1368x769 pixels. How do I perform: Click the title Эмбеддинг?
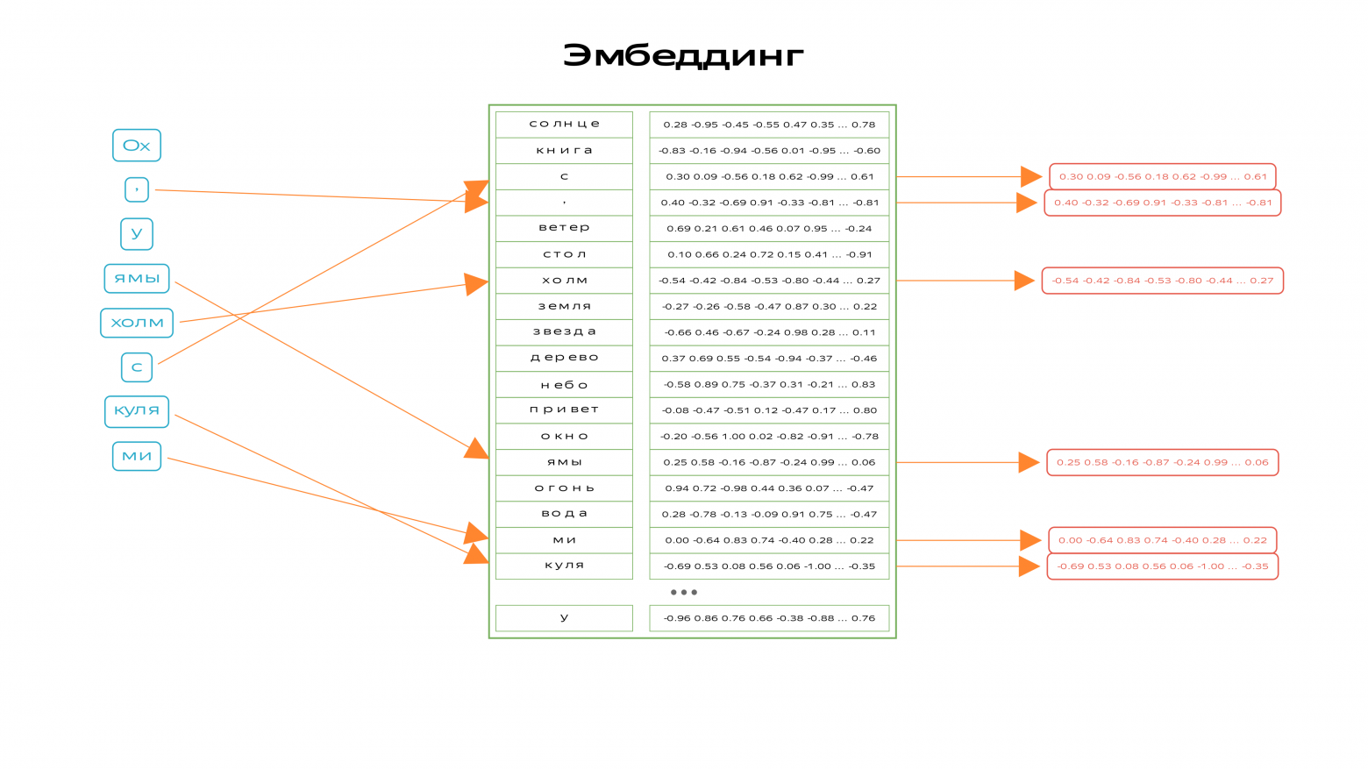tap(683, 56)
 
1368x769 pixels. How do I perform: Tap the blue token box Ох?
tap(137, 146)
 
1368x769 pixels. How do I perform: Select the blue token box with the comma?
tap(137, 189)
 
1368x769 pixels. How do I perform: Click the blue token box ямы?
tap(137, 279)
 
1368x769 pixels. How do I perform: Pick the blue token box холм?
tap(137, 323)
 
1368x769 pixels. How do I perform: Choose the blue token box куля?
tap(137, 411)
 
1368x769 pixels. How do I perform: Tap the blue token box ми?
tap(137, 456)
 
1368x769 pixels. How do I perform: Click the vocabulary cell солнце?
tap(564, 125)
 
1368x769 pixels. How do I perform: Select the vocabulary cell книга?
tap(564, 151)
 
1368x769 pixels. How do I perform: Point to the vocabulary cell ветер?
tap(564, 228)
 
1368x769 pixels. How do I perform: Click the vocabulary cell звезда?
tap(564, 332)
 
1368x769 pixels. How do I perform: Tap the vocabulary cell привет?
tap(564, 410)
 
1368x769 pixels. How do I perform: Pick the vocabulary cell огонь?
tap(564, 488)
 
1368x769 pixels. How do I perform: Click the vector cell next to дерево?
tap(769, 359)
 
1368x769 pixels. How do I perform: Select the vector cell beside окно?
tap(769, 437)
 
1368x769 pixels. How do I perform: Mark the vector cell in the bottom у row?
tap(769, 618)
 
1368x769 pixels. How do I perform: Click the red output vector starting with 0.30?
tap(1162, 176)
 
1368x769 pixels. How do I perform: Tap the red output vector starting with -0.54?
tap(1162, 281)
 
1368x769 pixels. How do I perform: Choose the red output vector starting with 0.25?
tap(1162, 462)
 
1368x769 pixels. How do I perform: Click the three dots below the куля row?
tap(683, 592)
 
